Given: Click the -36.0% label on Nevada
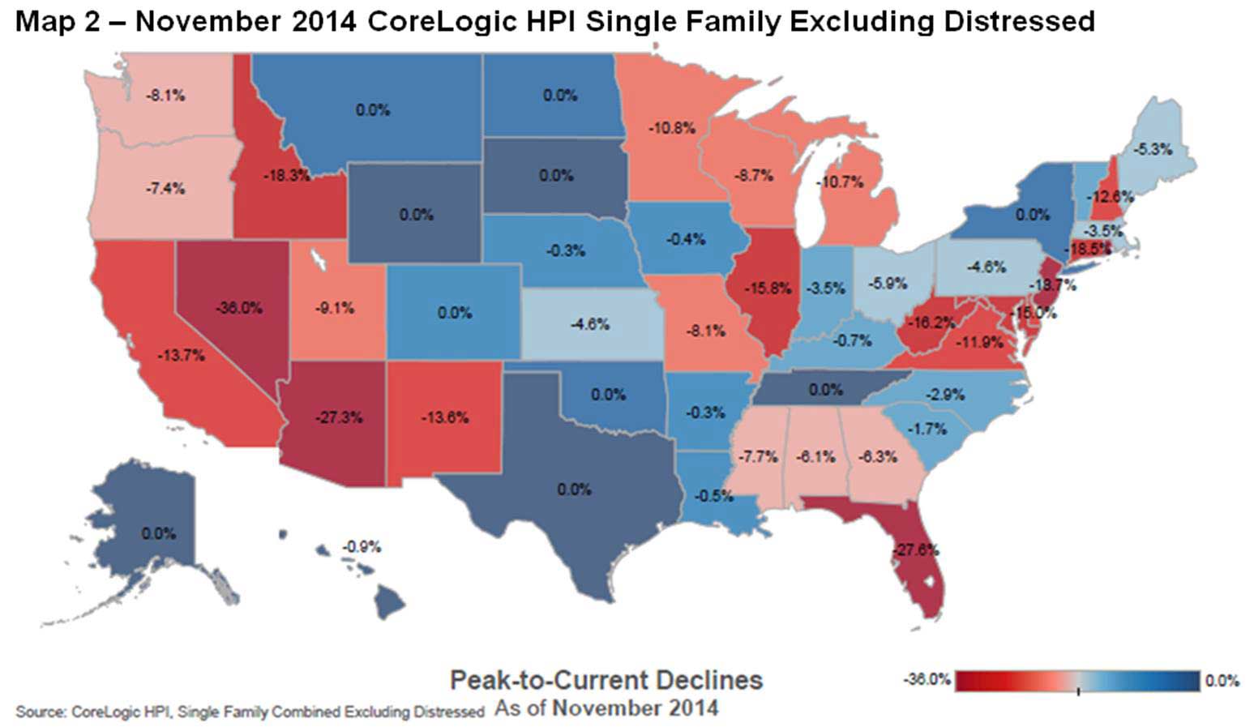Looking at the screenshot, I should tap(239, 308).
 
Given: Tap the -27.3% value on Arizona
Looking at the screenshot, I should tap(338, 417).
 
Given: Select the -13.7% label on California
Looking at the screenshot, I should tap(181, 355).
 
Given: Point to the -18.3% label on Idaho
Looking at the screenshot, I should tap(286, 175).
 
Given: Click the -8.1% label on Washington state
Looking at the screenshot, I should tap(165, 96).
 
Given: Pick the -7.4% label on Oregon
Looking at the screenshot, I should tap(165, 189).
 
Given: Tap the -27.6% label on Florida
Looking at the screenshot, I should tap(915, 550).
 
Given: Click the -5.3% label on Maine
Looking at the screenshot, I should tap(1153, 150).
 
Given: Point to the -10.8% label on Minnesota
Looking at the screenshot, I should tap(671, 128).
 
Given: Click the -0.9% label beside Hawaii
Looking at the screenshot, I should tap(361, 547).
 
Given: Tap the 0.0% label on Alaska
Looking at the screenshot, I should tap(158, 533).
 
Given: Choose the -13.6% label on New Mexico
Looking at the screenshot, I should tap(444, 417).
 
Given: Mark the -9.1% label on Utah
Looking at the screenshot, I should tap(335, 308).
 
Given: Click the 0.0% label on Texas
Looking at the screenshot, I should tap(574, 490).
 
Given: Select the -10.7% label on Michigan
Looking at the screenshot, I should tap(839, 182).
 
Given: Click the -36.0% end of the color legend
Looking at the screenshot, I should tap(927, 679).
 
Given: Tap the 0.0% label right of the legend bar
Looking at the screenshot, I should tap(1222, 681).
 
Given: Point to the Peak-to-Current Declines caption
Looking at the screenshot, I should tap(606, 679).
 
